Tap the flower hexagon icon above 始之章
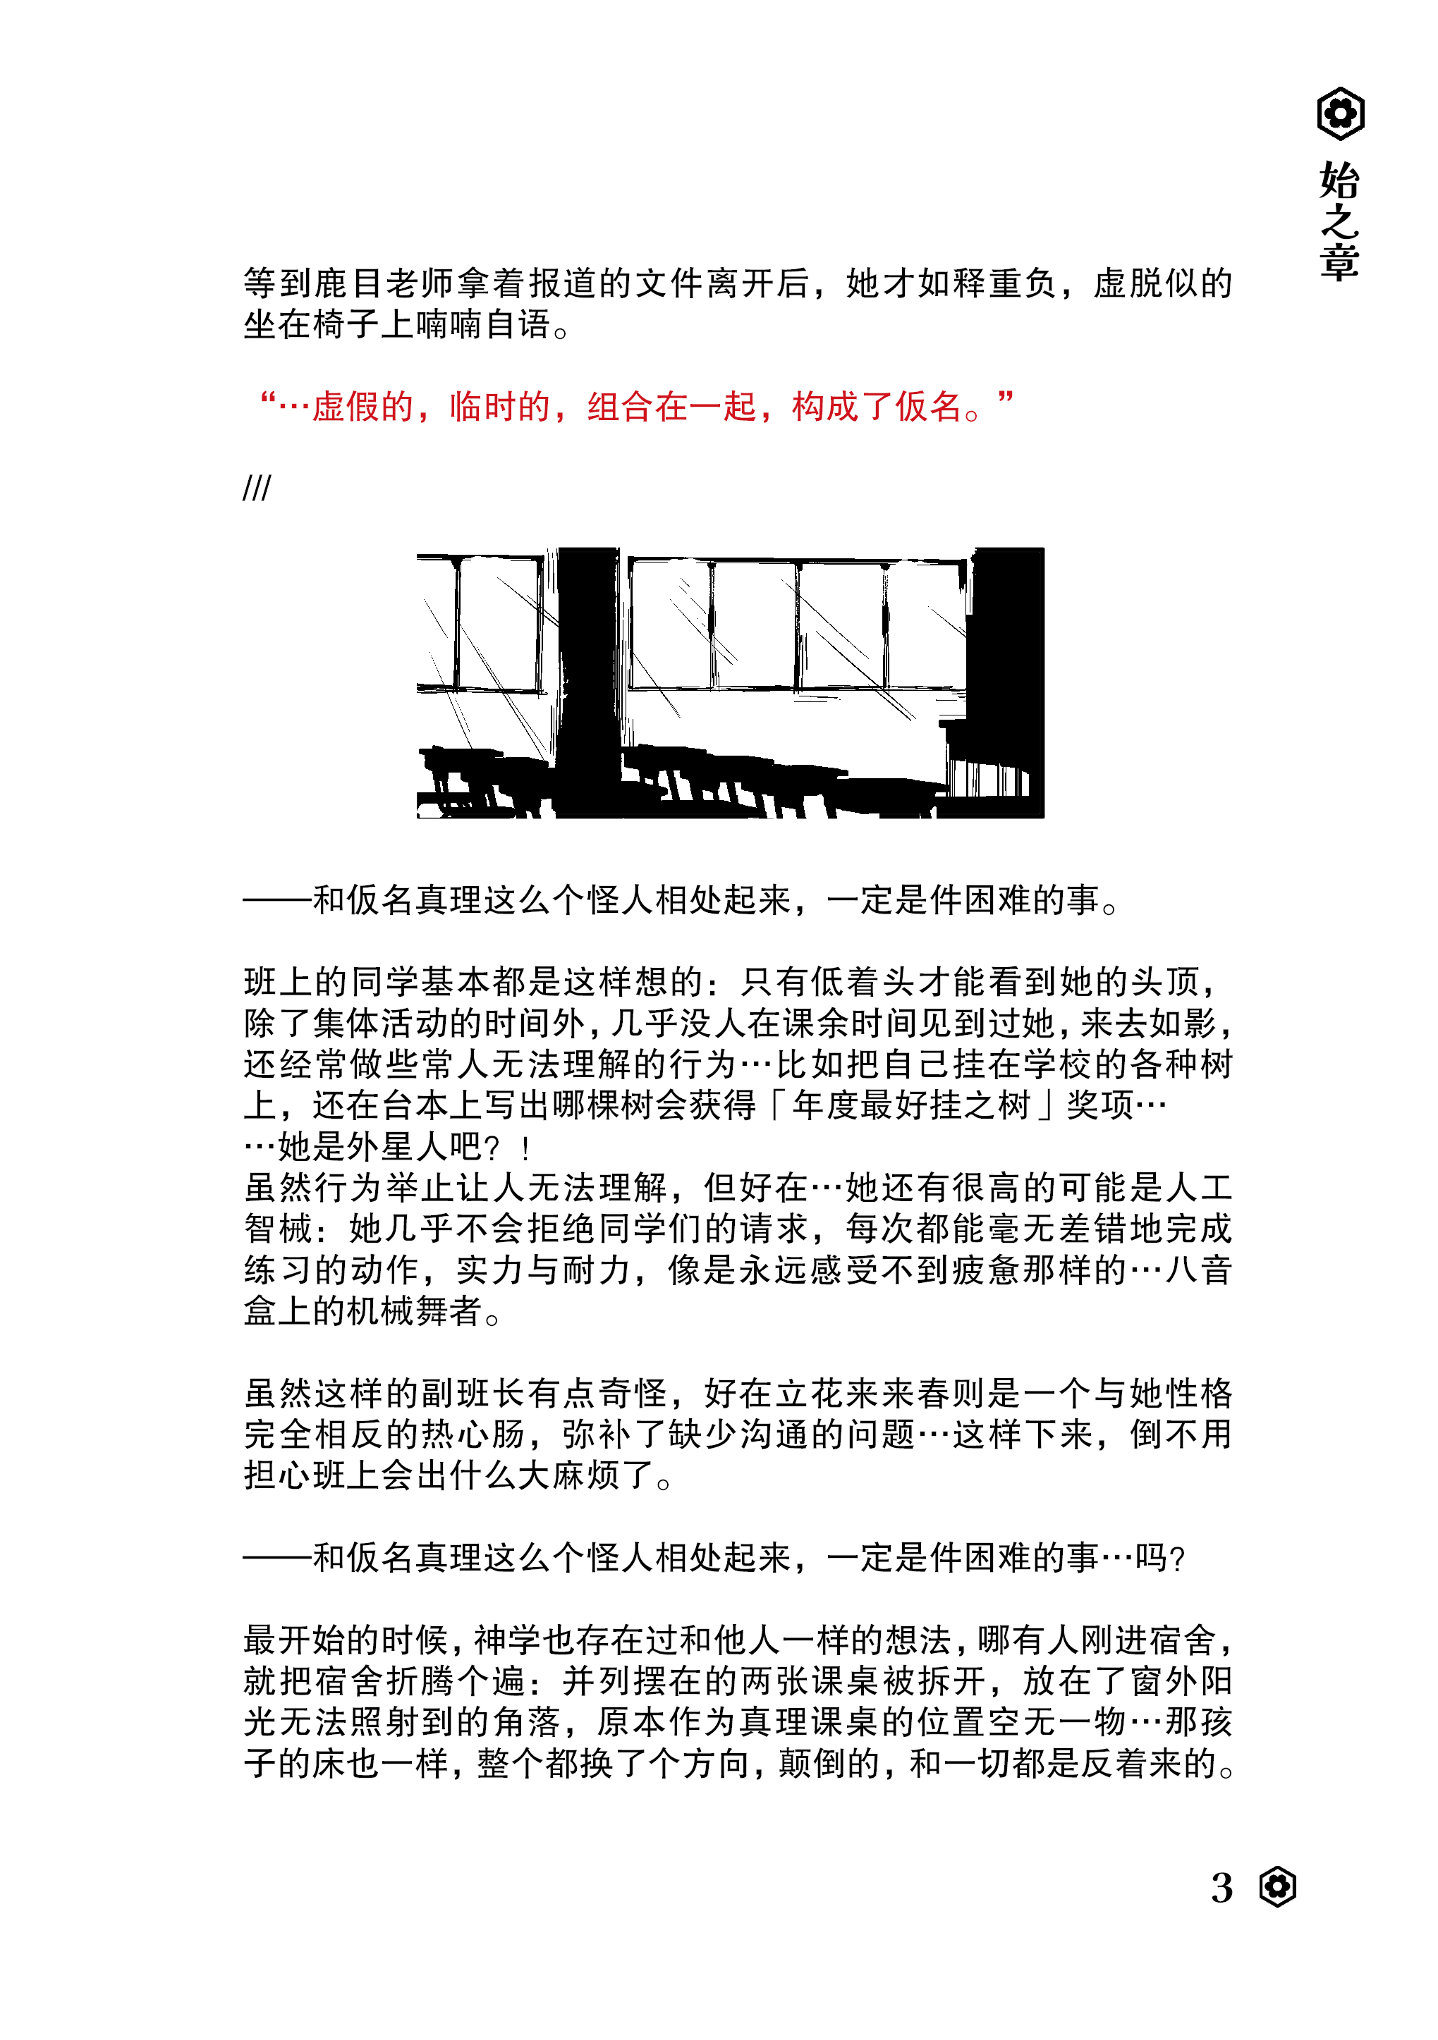tap(1339, 113)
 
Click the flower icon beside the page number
tap(1277, 1886)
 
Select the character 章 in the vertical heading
tap(1339, 262)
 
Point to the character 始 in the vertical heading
tap(1339, 180)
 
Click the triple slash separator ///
tap(256, 488)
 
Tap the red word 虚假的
tap(362, 406)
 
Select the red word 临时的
tap(499, 406)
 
